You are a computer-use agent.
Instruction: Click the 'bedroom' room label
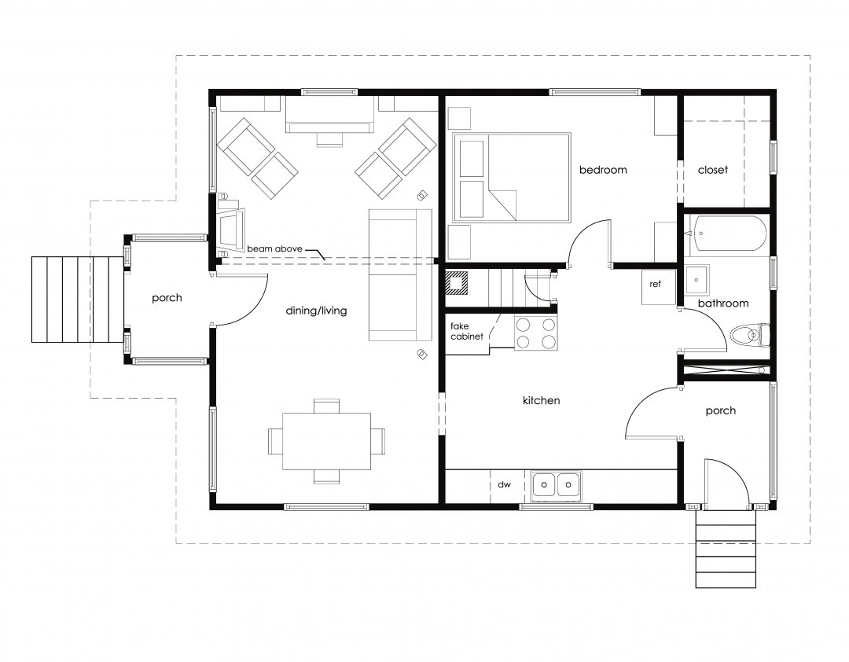click(603, 170)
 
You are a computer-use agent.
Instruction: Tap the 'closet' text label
click(713, 170)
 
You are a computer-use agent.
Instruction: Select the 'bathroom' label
click(723, 303)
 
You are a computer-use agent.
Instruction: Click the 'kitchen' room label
click(541, 401)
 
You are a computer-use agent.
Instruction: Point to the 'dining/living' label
click(317, 311)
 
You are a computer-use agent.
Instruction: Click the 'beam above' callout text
click(274, 249)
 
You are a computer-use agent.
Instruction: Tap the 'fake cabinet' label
click(466, 331)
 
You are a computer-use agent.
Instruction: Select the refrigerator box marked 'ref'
click(655, 285)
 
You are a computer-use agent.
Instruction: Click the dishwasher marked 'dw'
click(504, 485)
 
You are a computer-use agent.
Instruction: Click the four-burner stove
click(535, 333)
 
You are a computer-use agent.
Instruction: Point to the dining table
click(326, 441)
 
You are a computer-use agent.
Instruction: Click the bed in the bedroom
click(512, 177)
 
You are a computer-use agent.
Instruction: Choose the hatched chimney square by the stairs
click(457, 282)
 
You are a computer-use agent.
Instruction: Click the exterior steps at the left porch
click(77, 299)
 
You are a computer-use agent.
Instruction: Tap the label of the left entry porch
click(167, 298)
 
